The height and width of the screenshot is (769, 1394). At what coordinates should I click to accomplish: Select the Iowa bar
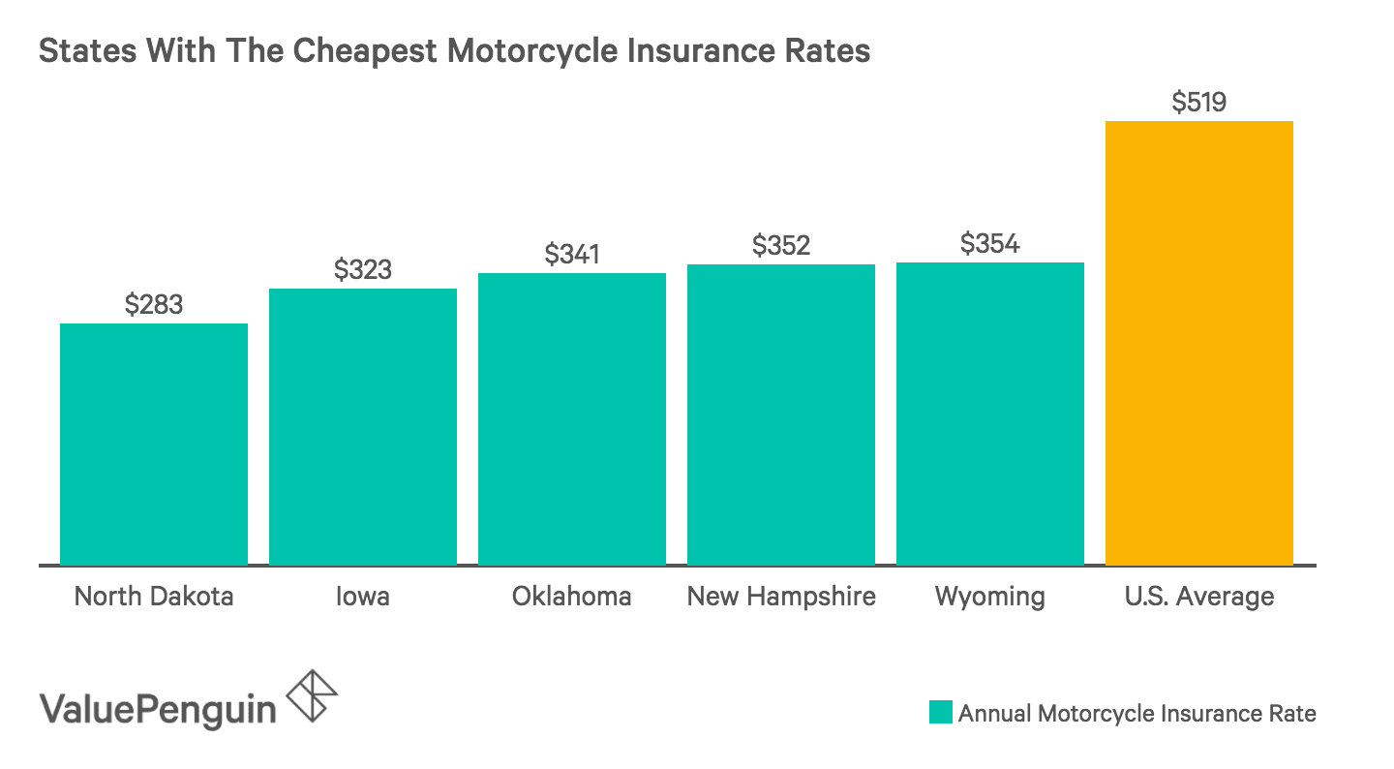(x=363, y=426)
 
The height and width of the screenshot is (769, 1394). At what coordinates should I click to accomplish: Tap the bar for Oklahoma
(x=572, y=418)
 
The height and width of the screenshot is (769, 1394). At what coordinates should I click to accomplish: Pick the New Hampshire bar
(x=781, y=414)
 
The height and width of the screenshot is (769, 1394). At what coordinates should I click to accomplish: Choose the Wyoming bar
(x=990, y=413)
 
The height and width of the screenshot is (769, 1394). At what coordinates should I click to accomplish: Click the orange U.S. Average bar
(x=1199, y=343)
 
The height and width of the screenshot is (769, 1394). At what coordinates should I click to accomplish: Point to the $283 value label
(x=154, y=304)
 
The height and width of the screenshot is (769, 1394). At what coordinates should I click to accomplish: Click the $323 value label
(x=363, y=269)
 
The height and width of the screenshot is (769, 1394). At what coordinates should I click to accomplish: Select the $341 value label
(x=572, y=254)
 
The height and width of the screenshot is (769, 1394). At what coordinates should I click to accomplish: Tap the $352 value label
(x=781, y=245)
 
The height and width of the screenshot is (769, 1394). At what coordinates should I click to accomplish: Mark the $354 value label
(x=990, y=243)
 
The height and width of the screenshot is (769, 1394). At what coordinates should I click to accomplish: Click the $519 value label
(x=1199, y=102)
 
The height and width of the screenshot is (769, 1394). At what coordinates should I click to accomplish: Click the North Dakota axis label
(x=154, y=596)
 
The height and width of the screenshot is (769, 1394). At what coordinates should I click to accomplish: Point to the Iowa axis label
(x=363, y=596)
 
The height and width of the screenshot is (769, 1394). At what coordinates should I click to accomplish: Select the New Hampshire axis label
(x=781, y=596)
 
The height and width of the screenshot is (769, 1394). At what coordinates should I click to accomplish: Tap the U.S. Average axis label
(x=1199, y=596)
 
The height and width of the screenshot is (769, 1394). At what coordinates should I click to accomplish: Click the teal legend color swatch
(x=941, y=713)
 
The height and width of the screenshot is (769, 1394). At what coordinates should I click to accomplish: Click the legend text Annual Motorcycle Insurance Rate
(x=1137, y=714)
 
